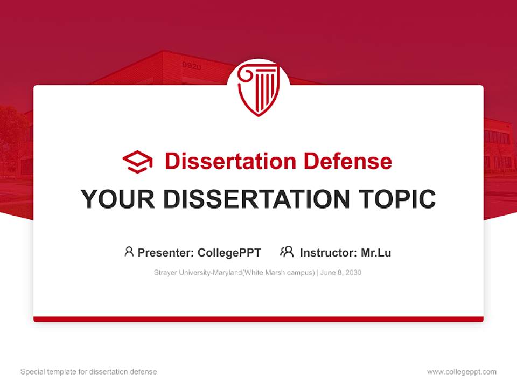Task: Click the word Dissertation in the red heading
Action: coord(230,161)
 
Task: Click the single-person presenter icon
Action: coord(129,252)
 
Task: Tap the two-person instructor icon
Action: coord(287,252)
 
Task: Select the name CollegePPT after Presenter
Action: coord(229,253)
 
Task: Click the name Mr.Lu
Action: coord(376,253)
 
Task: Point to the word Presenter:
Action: coord(166,253)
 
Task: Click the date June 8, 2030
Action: coord(341,273)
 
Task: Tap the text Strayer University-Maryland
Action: coord(198,273)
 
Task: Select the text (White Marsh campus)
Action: coord(277,273)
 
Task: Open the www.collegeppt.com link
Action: coord(462,372)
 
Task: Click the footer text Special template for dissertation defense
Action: coord(88,372)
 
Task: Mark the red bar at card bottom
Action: coord(258,319)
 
